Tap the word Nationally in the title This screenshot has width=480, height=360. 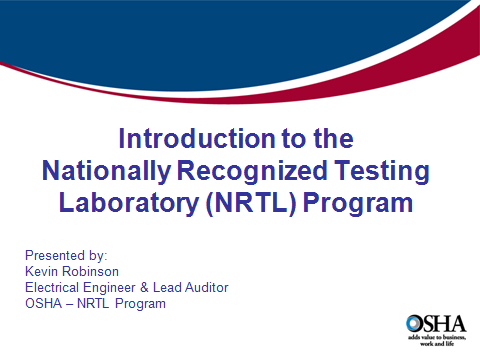105,170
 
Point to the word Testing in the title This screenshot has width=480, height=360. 381,170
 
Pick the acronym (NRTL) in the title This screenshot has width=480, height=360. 254,203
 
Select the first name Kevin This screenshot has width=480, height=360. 40,271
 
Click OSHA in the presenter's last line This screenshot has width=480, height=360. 41,303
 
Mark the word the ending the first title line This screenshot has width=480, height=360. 334,136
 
